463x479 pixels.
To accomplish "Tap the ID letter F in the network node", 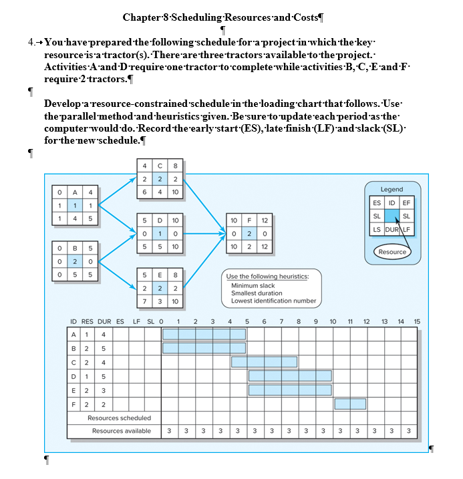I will tap(248, 220).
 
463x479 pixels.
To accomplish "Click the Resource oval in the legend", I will tap(392, 252).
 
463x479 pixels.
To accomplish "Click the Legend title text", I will tap(392, 190).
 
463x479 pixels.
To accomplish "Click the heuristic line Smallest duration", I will tap(257, 293).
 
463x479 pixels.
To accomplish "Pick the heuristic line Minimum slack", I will tap(253, 285).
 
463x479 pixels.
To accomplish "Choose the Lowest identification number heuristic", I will tap(273, 301).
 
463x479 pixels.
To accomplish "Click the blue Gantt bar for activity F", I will tap(349, 404).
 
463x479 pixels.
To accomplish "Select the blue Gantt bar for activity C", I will tap(264, 361).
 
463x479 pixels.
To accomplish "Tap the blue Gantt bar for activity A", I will tap(204, 333).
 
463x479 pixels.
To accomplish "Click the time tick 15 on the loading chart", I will tap(417, 321).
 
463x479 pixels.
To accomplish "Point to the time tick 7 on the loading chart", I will tap(281, 321).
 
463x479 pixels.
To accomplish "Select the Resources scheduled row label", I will tap(119, 418).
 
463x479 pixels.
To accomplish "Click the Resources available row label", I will tap(121, 431).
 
